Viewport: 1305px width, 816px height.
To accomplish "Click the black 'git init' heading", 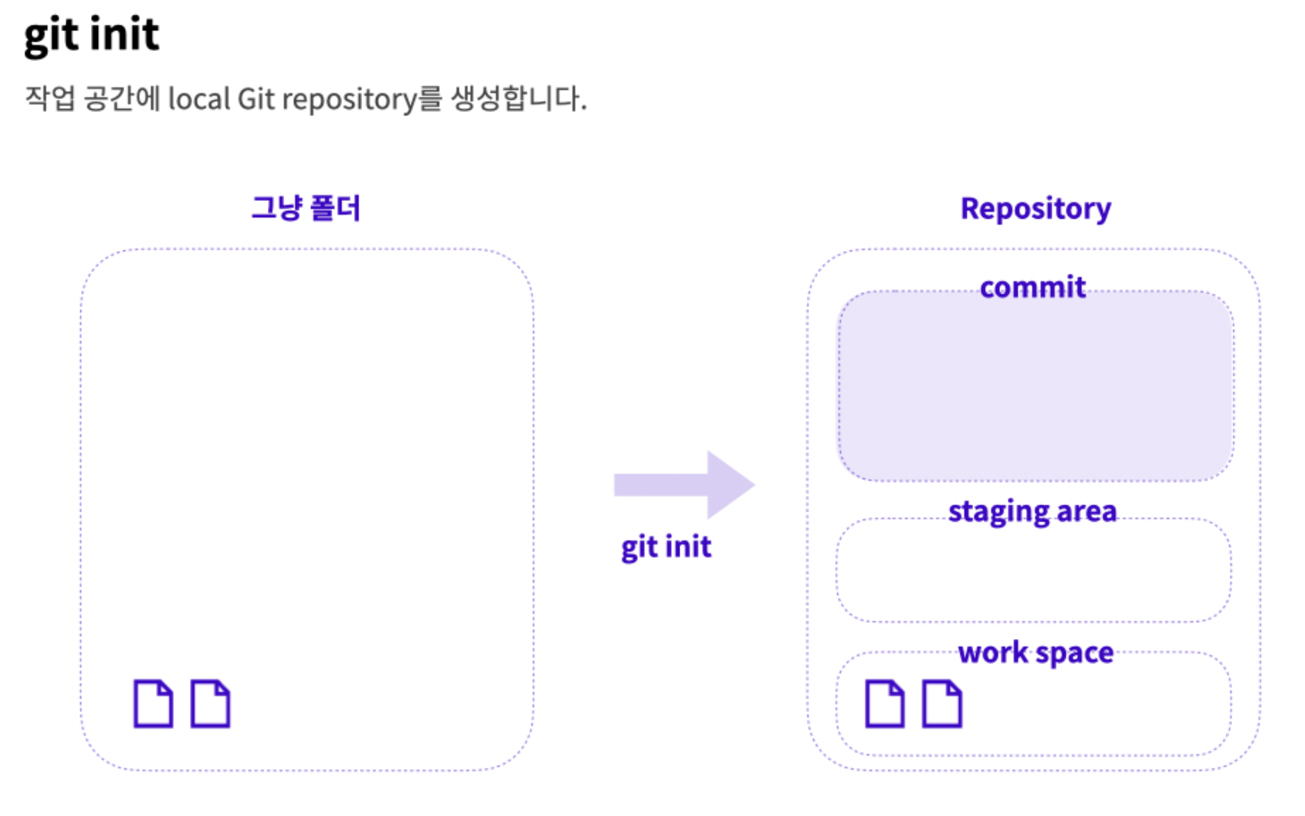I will pos(91,35).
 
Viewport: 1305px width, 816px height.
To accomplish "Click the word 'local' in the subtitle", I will pos(198,99).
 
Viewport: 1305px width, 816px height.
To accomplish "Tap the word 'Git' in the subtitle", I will pos(256,99).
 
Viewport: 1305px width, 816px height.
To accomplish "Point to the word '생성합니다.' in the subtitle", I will pos(518,99).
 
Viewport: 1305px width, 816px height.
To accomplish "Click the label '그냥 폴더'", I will pos(306,208).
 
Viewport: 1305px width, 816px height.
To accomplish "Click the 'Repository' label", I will pos(1035,209).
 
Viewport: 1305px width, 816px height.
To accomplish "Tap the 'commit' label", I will pos(1032,287).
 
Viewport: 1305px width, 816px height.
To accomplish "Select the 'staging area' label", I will pos(1032,512).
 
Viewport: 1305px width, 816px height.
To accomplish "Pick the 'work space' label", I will pos(1036,653).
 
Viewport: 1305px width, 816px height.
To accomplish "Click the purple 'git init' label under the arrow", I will pos(666,547).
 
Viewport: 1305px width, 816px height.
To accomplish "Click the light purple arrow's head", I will pos(729,484).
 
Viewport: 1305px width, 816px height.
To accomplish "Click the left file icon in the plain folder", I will pos(153,704).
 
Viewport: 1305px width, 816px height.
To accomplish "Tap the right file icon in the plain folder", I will pos(210,704).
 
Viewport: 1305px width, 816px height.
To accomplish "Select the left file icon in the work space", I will pos(884,704).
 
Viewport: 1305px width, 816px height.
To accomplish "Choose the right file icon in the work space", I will pos(942,704).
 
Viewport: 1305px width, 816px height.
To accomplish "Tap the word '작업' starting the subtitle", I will pos(49,99).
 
